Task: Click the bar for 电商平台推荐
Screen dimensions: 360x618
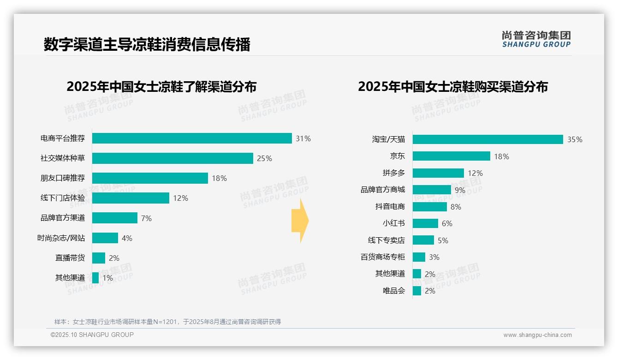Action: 192,138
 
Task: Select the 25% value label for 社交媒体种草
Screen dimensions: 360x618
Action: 264,158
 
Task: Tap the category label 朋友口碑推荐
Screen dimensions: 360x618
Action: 63,178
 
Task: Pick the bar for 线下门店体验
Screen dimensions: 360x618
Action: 131,198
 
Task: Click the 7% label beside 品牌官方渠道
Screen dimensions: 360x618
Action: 146,218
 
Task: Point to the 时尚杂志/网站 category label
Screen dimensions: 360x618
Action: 61,238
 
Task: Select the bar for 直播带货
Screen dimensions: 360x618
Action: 99,258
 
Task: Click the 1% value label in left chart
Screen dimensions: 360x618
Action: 107,278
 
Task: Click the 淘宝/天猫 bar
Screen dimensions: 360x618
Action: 487,139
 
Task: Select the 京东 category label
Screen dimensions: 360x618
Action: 397,156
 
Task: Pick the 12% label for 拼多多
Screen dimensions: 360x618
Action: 475,173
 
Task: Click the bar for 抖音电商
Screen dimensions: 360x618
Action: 429,207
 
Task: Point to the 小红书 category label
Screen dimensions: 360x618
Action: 393,223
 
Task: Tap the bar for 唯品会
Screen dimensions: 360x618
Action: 417,291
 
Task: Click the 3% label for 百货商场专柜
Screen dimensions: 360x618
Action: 434,257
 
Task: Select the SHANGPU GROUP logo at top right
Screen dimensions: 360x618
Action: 536,39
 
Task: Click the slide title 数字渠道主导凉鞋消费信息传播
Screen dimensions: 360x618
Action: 147,45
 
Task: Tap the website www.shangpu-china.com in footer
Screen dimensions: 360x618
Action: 537,335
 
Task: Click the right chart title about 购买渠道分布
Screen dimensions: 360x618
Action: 452,86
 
